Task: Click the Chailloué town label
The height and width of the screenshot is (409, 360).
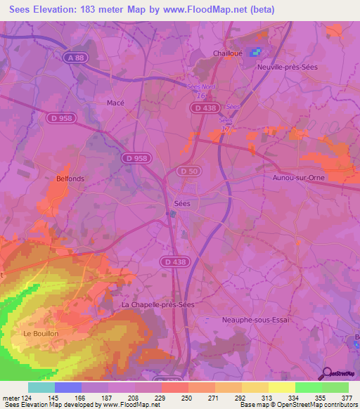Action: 227,53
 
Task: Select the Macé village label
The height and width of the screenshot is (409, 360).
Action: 115,102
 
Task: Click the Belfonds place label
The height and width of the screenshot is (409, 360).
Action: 70,178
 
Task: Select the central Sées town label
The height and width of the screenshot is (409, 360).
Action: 181,203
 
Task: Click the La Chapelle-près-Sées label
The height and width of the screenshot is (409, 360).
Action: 157,305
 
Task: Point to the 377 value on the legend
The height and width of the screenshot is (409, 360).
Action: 346,397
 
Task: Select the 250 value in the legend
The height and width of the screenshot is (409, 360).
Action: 186,397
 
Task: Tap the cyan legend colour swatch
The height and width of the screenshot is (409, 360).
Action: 41,387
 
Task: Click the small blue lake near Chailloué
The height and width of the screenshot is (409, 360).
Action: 257,52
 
